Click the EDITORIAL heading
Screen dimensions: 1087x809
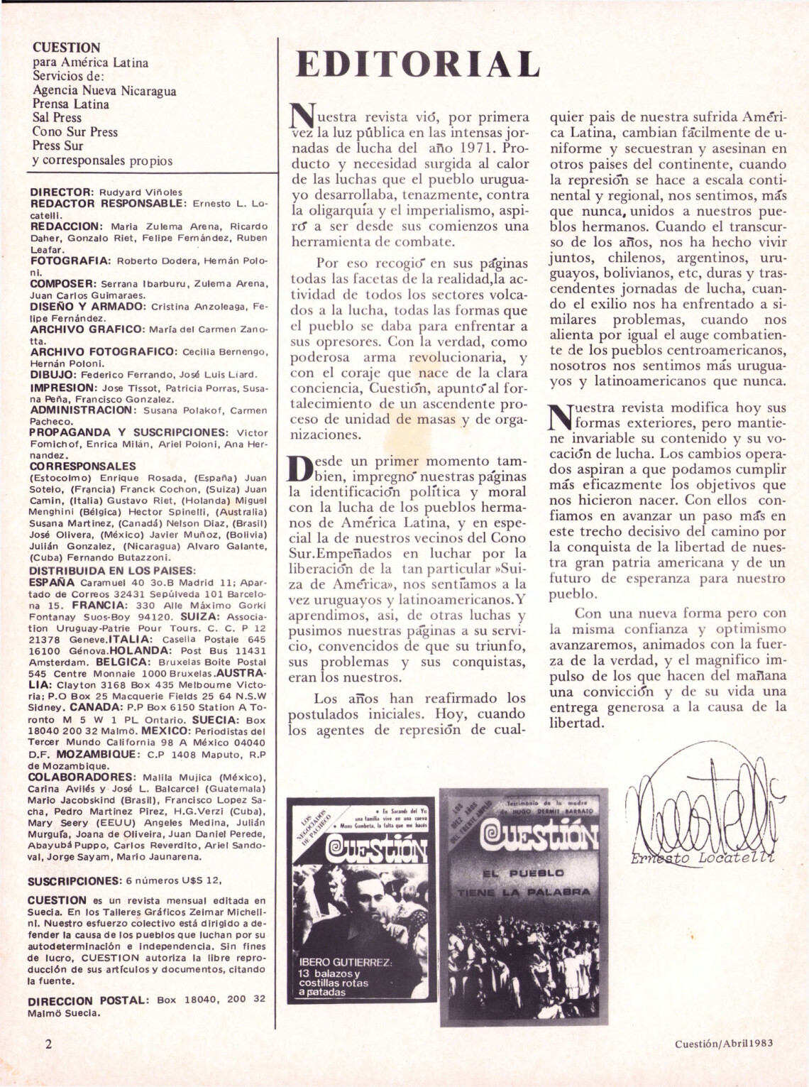coord(417,66)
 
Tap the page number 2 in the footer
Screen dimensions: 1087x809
coord(48,1044)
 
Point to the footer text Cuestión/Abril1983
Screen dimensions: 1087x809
coord(723,1043)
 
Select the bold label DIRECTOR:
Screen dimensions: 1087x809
coord(62,192)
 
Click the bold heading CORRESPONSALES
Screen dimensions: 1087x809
coord(83,466)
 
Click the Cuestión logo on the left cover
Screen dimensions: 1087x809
coord(362,852)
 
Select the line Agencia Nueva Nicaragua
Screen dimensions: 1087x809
coord(104,90)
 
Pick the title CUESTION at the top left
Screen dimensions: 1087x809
coord(67,48)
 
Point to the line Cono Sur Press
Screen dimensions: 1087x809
coord(75,132)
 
